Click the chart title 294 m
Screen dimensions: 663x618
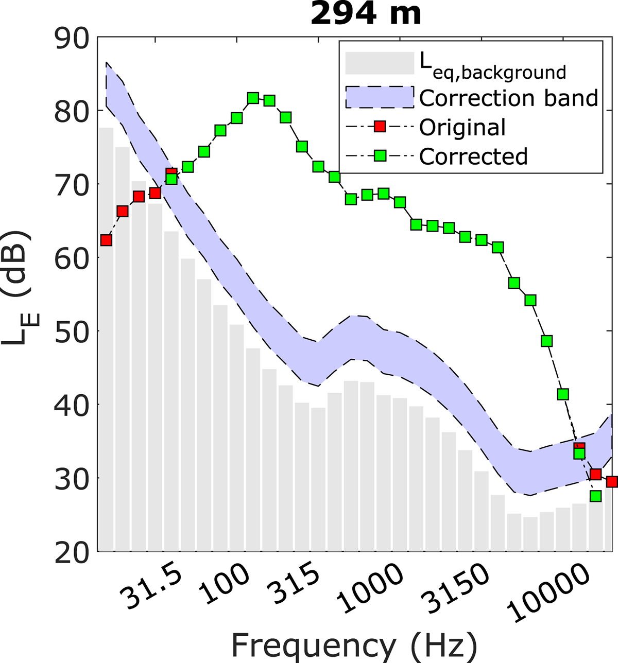pos(366,14)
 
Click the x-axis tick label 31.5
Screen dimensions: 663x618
pos(150,586)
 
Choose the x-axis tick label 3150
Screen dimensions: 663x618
pos(454,588)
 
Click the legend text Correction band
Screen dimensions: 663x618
pos(509,98)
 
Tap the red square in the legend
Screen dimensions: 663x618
pos(380,127)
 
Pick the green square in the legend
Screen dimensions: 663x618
pos(380,156)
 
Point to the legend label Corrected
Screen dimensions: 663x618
pos(473,156)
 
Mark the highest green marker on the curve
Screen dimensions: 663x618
pos(253,98)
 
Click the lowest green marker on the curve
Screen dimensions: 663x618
pos(596,496)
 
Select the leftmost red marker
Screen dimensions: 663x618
pos(106,240)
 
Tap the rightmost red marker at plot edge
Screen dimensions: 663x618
pos(612,482)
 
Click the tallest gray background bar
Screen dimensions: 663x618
pos(106,340)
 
